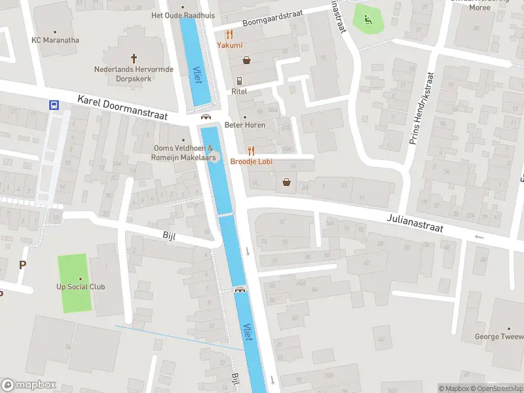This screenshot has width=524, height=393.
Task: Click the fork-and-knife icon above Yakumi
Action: [229, 34]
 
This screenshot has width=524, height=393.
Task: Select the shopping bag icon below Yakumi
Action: [247, 60]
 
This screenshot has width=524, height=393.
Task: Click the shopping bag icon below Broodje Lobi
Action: [286, 182]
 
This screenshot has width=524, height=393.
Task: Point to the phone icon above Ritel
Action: [240, 81]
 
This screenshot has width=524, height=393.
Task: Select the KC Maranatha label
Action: [56, 40]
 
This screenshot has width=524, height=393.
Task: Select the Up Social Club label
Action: [81, 287]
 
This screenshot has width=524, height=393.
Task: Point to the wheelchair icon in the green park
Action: [368, 20]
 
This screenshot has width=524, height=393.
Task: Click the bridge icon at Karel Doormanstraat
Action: [206, 117]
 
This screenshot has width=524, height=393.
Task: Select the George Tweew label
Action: [499, 337]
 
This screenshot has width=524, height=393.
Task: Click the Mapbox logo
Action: [29, 385]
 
